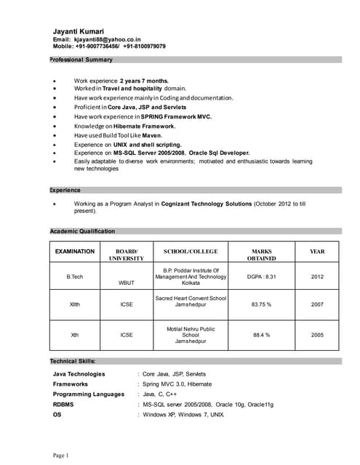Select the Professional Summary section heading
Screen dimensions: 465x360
tap(81, 60)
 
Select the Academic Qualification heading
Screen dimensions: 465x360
tap(82, 231)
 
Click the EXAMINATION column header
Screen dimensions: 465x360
tap(75, 251)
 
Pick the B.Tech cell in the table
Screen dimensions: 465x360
tap(75, 277)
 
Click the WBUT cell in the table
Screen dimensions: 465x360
tap(127, 283)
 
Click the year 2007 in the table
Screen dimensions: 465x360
tap(318, 305)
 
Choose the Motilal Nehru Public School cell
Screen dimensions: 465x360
tap(191, 335)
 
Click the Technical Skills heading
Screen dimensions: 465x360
tap(73, 361)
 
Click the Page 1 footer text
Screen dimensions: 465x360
tap(60, 456)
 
